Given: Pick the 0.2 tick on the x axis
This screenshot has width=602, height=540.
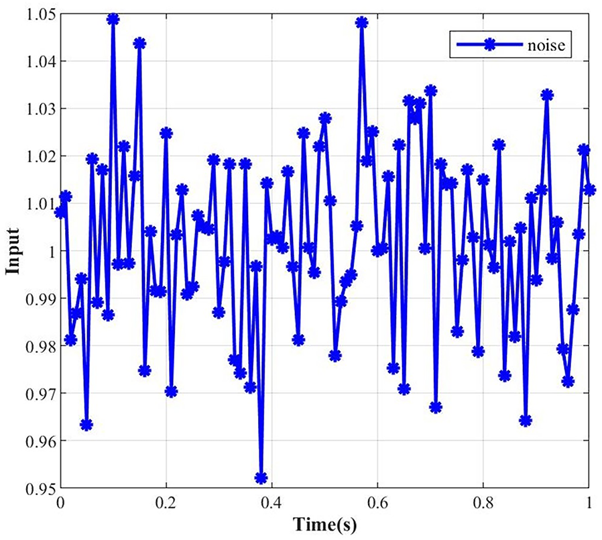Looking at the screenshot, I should (x=166, y=504).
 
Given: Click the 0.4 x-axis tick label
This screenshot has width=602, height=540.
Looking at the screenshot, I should (x=271, y=504).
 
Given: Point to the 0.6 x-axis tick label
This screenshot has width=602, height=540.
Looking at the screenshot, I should (x=377, y=504).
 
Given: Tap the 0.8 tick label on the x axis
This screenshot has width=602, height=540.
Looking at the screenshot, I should (x=483, y=504).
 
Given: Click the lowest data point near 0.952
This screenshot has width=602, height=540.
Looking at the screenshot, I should (x=261, y=478).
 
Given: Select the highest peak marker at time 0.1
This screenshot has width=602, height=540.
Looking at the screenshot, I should (x=113, y=19).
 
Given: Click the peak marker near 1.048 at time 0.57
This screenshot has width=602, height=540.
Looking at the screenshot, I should (x=362, y=23).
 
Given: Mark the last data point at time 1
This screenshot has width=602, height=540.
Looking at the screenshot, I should (x=589, y=190).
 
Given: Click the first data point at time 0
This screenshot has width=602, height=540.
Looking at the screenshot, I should (x=60, y=212).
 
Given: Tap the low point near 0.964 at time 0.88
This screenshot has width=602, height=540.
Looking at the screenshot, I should (x=526, y=421).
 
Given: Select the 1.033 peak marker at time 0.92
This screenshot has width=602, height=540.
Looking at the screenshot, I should (x=547, y=95).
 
